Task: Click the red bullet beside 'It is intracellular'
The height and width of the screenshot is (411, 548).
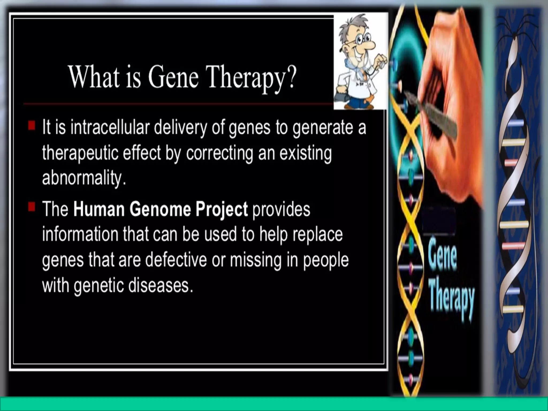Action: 32,125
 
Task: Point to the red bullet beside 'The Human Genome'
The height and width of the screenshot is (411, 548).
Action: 32,207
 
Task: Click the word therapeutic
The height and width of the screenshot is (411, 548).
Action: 80,153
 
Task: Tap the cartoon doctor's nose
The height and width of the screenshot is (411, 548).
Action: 370,45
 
